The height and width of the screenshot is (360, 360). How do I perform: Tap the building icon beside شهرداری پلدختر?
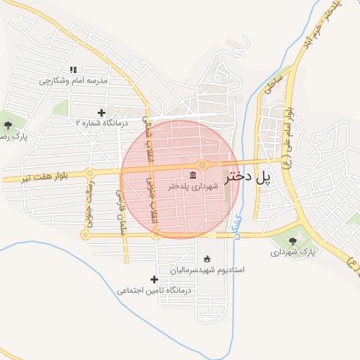193,174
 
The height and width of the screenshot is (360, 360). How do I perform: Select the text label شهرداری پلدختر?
191,186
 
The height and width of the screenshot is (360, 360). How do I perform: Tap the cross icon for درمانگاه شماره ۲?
101,112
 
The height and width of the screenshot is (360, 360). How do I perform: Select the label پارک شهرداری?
293,251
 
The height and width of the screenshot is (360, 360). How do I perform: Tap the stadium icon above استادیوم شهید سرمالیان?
206,259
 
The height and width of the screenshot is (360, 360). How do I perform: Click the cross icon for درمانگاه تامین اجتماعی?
155,280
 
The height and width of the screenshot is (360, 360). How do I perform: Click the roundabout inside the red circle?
202,165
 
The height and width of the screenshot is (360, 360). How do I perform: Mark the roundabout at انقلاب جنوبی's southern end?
155,235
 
